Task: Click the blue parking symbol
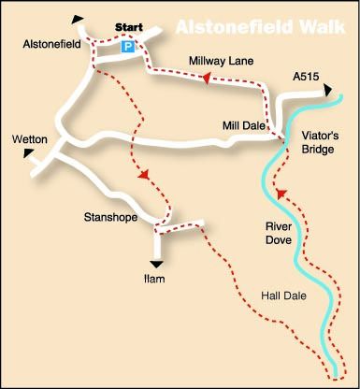(x=128, y=44)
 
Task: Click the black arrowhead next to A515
(x=328, y=90)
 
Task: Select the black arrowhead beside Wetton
(x=30, y=151)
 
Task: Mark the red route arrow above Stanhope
(x=143, y=175)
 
